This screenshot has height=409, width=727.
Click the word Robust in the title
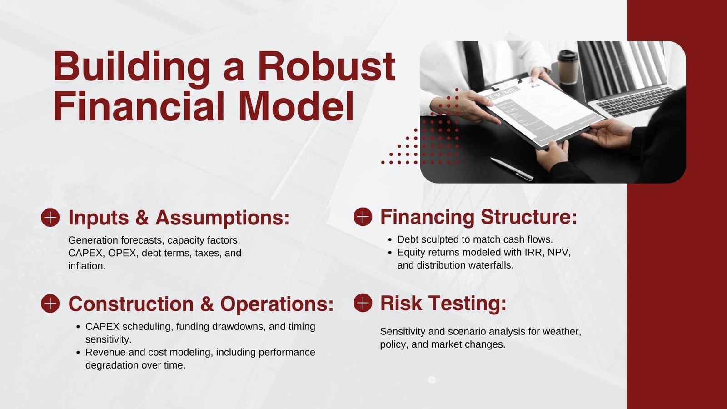(326, 66)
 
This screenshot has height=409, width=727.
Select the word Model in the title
(297, 106)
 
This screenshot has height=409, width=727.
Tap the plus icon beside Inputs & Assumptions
(50, 218)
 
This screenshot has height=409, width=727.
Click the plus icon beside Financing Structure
(363, 217)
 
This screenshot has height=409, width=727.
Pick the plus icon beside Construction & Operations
(50, 304)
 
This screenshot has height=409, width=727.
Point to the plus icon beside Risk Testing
(363, 303)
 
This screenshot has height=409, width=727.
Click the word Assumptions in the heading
(222, 219)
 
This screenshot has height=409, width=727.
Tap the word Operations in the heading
(277, 304)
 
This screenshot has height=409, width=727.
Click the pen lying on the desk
(512, 169)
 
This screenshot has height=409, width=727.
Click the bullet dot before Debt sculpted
(390, 240)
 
